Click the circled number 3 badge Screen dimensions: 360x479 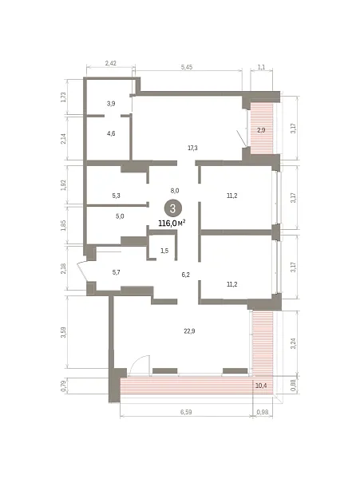(x=173, y=208)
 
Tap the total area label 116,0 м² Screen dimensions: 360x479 (x=172, y=224)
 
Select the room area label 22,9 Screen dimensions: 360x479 (x=189, y=331)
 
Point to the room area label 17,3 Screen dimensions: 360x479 (x=192, y=148)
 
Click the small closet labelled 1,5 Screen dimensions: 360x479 (x=164, y=251)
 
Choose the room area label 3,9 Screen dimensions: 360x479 (x=111, y=104)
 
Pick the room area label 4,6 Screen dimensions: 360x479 (x=111, y=133)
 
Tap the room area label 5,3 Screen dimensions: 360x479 (x=116, y=196)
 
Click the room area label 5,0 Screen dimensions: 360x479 (x=120, y=216)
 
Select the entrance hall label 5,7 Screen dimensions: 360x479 (x=116, y=272)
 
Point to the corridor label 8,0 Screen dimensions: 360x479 (x=175, y=191)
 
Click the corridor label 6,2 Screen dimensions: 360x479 (x=186, y=275)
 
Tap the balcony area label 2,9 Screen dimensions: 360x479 (x=261, y=130)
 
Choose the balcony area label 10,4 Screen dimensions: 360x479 (x=261, y=386)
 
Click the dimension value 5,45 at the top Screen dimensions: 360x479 (x=187, y=67)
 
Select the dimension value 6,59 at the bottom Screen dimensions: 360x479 (x=186, y=412)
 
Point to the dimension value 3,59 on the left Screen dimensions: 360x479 (x=64, y=332)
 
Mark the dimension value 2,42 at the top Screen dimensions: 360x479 (x=110, y=64)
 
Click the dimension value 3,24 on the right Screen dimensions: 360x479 (x=293, y=343)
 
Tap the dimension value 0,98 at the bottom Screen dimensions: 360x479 (x=263, y=412)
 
